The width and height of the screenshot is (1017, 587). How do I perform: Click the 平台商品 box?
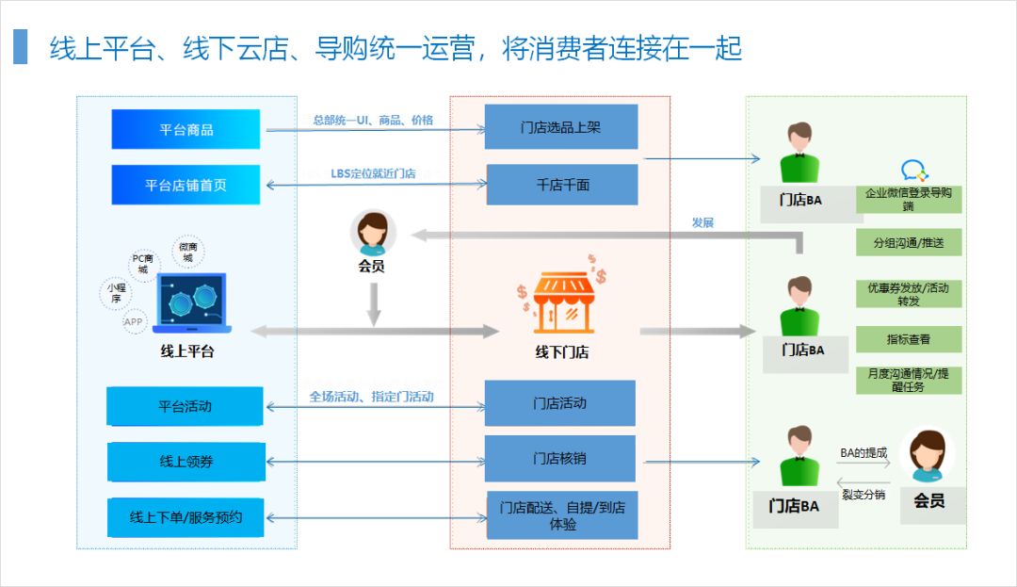186,129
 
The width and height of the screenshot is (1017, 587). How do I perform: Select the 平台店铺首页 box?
186,185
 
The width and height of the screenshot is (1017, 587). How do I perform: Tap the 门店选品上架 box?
561,127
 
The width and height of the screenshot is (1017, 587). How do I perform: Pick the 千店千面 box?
562,185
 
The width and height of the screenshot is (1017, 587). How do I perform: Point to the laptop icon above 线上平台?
192,302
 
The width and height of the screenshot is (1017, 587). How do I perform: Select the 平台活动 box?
185,406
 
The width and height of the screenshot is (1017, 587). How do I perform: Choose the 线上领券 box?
186,462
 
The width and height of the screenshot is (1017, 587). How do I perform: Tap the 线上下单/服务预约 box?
186,517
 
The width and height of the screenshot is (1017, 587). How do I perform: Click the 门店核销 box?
560,459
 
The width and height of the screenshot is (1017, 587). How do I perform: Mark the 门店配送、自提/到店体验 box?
562,515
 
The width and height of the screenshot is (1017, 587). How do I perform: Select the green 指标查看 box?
909,339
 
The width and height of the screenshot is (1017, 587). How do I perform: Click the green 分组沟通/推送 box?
909,242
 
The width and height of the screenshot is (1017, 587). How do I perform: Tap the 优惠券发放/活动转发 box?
909,293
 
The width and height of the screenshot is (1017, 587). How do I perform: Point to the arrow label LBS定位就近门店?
373,173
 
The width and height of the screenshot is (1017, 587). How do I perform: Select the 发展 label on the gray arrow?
702,222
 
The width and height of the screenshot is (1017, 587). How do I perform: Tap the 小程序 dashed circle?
116,293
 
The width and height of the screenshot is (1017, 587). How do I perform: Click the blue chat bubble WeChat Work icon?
913,171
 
